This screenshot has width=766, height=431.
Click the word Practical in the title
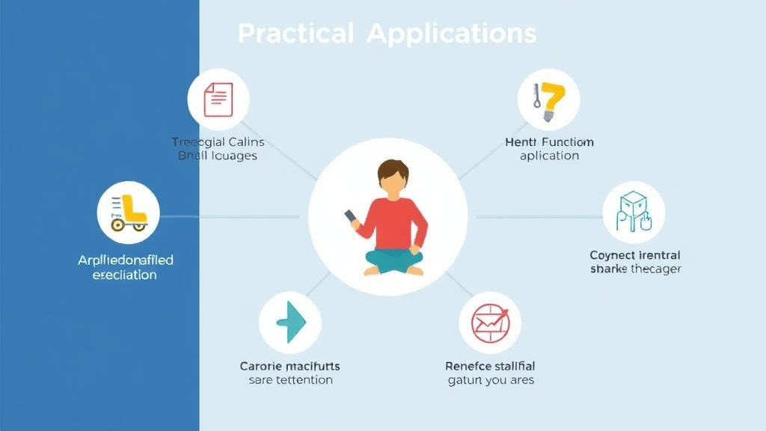[x=295, y=34]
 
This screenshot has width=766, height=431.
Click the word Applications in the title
[x=451, y=34]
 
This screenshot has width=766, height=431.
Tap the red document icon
[x=218, y=99]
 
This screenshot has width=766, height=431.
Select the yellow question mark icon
[x=550, y=102]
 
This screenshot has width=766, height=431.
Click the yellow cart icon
[x=129, y=213]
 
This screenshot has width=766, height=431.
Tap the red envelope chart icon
[x=490, y=323]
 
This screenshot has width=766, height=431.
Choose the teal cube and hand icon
[x=634, y=211]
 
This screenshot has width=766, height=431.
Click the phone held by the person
[x=350, y=216]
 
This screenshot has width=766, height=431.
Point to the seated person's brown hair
[x=393, y=171]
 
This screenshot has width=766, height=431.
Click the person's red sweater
[x=394, y=221]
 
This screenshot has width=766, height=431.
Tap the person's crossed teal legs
[x=393, y=261]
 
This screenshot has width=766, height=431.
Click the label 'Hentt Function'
[x=550, y=142]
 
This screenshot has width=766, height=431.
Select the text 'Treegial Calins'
[x=218, y=142]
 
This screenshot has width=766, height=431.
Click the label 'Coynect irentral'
[x=635, y=255]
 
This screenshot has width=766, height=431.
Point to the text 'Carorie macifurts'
[x=289, y=366]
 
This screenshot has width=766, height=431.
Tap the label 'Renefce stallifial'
[x=490, y=366]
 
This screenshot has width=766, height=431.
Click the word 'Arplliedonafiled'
[x=126, y=260]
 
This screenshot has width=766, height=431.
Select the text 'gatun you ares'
[x=490, y=380]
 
